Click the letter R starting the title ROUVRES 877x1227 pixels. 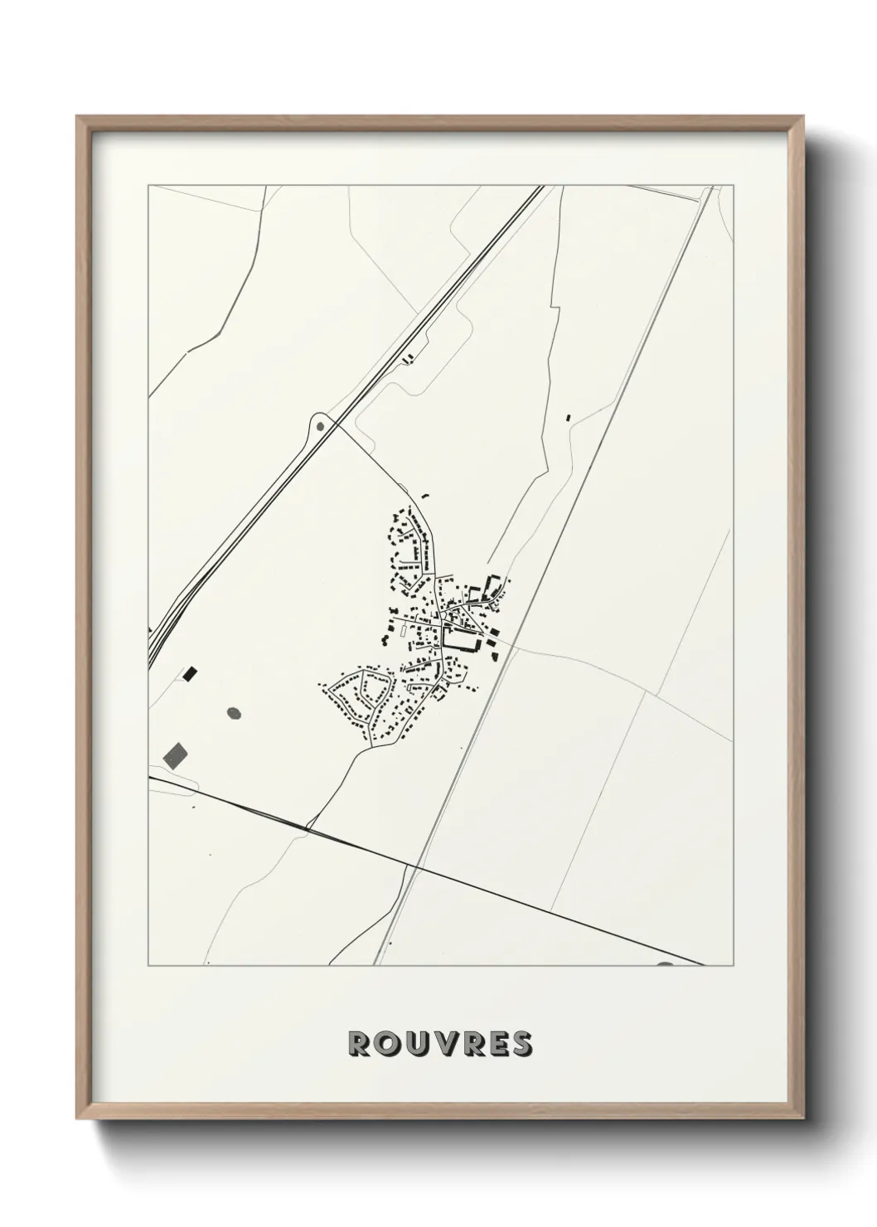tap(360, 1044)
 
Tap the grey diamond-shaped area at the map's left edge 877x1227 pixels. tap(176, 753)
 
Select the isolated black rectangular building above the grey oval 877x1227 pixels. tap(191, 674)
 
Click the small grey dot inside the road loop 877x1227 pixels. tap(321, 427)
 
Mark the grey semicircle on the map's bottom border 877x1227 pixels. tap(666, 964)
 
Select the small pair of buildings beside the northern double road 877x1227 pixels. tap(406, 359)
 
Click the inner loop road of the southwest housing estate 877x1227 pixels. tap(361, 690)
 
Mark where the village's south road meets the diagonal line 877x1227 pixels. tap(307, 827)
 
